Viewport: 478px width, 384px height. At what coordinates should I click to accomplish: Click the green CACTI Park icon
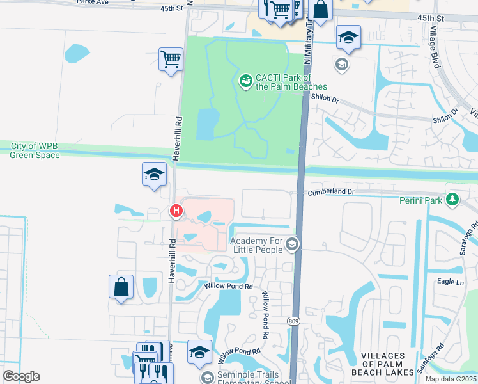(x=245, y=81)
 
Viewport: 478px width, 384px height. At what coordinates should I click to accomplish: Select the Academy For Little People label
(x=256, y=245)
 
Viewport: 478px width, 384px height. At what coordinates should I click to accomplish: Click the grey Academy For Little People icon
(x=292, y=244)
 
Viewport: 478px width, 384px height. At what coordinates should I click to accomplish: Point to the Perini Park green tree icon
(x=453, y=200)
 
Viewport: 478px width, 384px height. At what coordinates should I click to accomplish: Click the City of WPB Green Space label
(x=35, y=151)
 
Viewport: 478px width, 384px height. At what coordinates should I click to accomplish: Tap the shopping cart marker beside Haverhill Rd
(x=170, y=60)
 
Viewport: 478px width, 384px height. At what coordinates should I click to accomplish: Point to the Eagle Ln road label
(x=451, y=282)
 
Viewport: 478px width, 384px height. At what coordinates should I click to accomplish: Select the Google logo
(x=21, y=376)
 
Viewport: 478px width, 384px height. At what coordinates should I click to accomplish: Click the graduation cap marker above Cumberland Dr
(x=153, y=175)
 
